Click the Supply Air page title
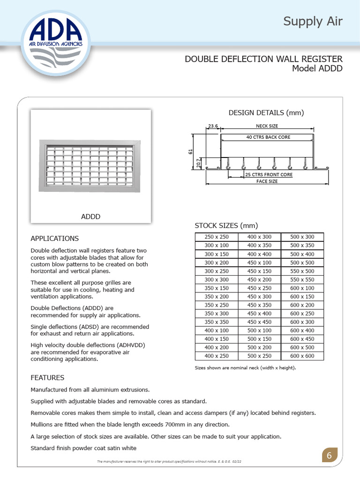click(313, 22)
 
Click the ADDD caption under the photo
click(90, 217)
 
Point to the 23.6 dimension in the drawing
click(213, 126)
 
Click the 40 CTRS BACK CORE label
click(268, 137)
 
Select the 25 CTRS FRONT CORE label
click(269, 175)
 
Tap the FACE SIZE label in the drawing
click(267, 181)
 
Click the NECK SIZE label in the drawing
click(267, 126)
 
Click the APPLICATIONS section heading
click(54, 238)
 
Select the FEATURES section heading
click(47, 377)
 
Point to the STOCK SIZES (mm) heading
click(226, 225)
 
